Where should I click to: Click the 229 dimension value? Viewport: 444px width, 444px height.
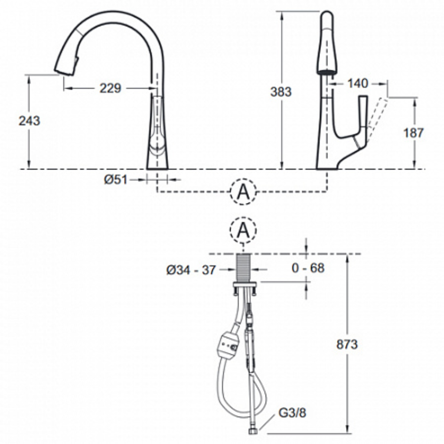point(110,88)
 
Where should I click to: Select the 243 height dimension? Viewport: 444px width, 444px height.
point(29,121)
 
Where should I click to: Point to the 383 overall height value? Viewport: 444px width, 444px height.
point(281,92)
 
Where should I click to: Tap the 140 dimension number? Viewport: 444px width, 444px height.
point(358,83)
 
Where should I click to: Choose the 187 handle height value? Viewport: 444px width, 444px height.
point(413,133)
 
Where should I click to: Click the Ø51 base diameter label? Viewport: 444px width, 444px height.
point(115,180)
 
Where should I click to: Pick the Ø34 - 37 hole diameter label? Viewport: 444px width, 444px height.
point(191,270)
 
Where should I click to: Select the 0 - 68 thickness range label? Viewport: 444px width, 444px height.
point(308,268)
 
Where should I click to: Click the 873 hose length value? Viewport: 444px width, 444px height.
point(347,345)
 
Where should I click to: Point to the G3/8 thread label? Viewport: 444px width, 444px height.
point(292,413)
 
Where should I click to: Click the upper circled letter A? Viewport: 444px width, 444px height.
point(243,192)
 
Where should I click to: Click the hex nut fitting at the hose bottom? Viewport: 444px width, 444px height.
point(253,431)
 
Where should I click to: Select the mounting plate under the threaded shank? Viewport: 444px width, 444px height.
point(245,284)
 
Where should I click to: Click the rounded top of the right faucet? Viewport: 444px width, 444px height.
point(327,17)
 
